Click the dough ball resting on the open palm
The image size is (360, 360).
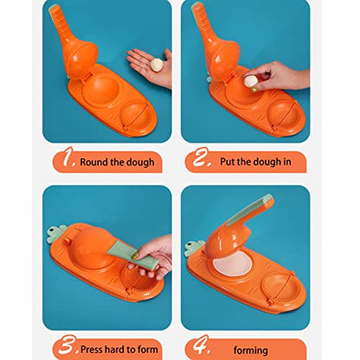coord(157,65)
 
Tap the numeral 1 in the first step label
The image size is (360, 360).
coord(68,157)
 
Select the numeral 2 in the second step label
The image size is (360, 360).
coord(200,157)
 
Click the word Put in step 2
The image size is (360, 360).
coord(228,162)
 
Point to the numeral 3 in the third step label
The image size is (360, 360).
coord(67,345)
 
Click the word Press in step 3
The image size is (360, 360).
coord(92,350)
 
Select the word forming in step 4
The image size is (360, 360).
coord(250,350)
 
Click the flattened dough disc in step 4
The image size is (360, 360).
coord(232,264)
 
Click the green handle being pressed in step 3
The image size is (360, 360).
coord(132,255)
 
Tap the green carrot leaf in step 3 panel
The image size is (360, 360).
coord(57,234)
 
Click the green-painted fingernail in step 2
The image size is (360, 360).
coord(254,90)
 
